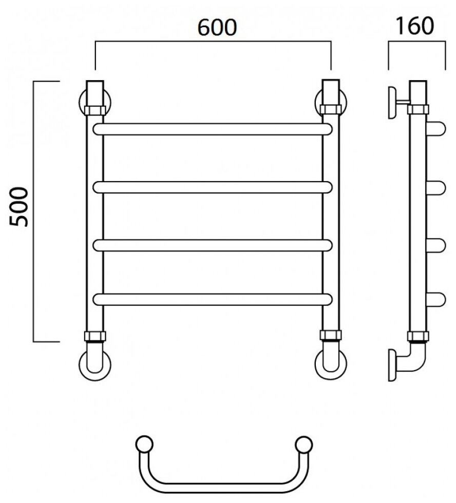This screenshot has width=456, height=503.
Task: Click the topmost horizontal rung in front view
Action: click(212, 129)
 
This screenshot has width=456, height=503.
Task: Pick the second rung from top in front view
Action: click(212, 187)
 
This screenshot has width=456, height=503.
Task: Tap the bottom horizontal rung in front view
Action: click(212, 299)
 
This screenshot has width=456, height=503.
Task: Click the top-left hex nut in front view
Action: click(95, 109)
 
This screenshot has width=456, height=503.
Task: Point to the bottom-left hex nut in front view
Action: click(95, 337)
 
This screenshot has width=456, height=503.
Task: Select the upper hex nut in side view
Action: click(418, 109)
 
